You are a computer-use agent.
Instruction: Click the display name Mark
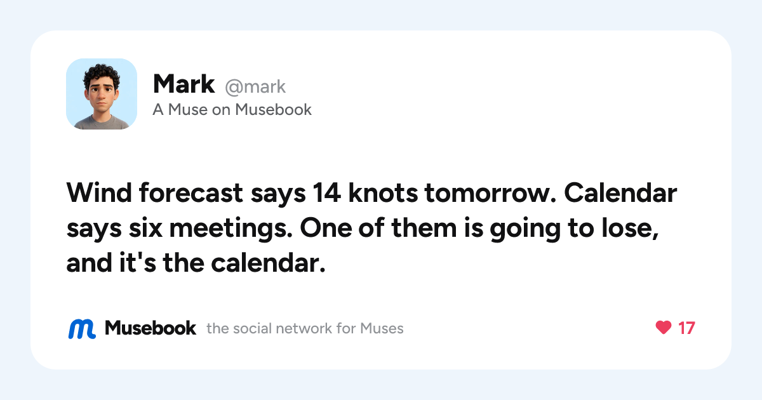pos(184,84)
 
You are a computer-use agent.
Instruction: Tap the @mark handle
pos(255,87)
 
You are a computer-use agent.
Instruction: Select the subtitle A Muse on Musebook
pos(232,109)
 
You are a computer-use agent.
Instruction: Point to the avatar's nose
pos(101,97)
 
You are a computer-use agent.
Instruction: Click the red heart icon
pos(664,328)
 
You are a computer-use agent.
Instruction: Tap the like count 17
pos(686,328)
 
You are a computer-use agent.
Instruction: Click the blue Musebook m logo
pos(82,329)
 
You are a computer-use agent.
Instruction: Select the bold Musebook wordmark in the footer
pos(150,328)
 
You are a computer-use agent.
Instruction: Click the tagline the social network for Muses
pos(305,329)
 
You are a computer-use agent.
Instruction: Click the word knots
pos(383,193)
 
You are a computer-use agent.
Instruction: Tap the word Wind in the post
pos(99,193)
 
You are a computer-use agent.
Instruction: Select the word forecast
pos(191,193)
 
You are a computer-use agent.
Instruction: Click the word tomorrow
pos(490,193)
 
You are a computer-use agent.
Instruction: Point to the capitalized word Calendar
pos(620,193)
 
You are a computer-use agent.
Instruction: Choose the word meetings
pos(231,229)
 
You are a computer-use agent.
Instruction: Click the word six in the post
pos(145,228)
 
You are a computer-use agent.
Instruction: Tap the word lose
pos(630,229)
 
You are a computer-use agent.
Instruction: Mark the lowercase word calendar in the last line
pos(268,263)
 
